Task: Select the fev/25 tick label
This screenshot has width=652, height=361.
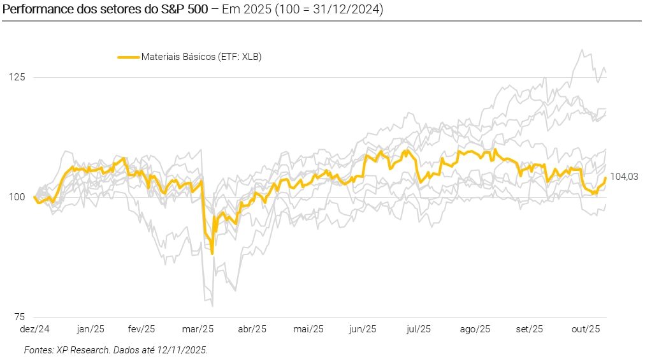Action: click(x=142, y=329)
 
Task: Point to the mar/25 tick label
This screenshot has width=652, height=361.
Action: click(x=198, y=329)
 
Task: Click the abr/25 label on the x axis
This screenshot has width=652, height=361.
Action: click(x=252, y=329)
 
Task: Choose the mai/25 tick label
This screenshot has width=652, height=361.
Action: click(x=308, y=329)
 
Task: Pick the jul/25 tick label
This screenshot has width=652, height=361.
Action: click(x=419, y=329)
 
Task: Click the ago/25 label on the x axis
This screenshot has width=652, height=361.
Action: click(x=475, y=329)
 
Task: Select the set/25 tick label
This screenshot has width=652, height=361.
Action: click(x=530, y=329)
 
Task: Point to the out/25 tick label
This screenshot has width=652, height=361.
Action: click(x=585, y=329)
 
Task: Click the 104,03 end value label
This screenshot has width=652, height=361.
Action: click(x=624, y=177)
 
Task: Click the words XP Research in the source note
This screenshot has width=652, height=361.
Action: click(x=80, y=350)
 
